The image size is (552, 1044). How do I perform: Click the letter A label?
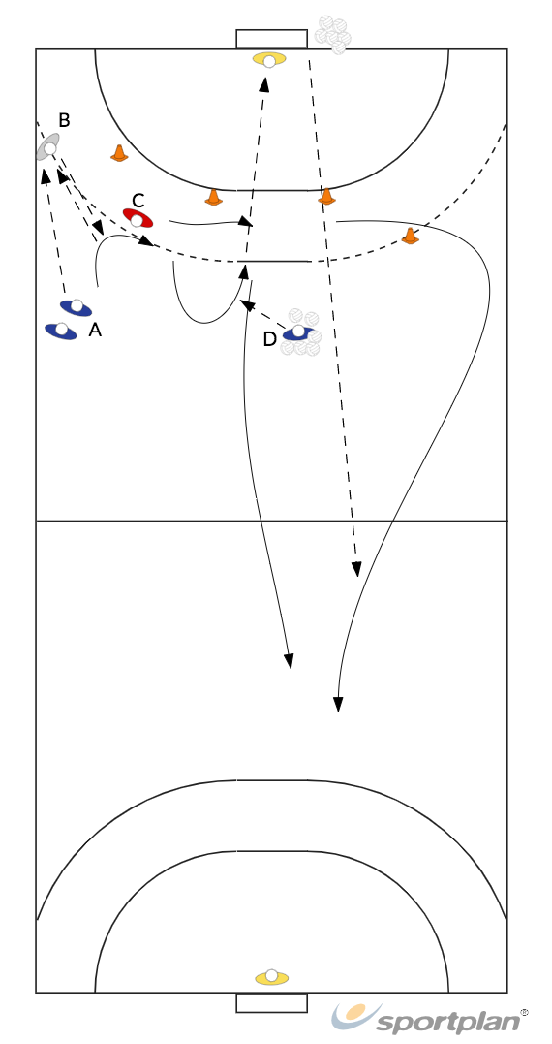click(x=95, y=330)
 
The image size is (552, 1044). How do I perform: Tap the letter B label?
click(x=64, y=120)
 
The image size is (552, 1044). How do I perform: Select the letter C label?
click(x=138, y=201)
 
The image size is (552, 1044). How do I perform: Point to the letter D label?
click(x=269, y=339)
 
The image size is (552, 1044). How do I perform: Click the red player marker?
click(x=138, y=218)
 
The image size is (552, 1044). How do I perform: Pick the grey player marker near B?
click(x=47, y=146)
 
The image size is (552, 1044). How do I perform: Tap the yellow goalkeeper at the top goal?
click(x=269, y=60)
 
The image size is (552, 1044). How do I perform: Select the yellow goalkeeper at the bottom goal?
click(x=271, y=977)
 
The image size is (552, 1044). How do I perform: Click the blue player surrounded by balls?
click(x=298, y=332)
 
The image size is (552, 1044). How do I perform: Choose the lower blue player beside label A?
click(x=60, y=331)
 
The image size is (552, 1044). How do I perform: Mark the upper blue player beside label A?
click(x=76, y=307)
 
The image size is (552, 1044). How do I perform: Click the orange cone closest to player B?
click(x=119, y=153)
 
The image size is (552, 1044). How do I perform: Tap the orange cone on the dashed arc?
click(x=411, y=236)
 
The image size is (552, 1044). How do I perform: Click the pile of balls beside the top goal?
click(x=332, y=35)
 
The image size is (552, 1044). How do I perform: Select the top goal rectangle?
click(x=271, y=40)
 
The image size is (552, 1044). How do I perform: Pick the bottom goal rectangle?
click(x=271, y=1002)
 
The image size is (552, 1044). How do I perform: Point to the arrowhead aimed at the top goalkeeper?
click(x=264, y=84)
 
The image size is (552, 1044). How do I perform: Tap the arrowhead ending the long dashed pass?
click(x=356, y=569)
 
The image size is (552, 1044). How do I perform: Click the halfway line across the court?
click(x=271, y=521)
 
